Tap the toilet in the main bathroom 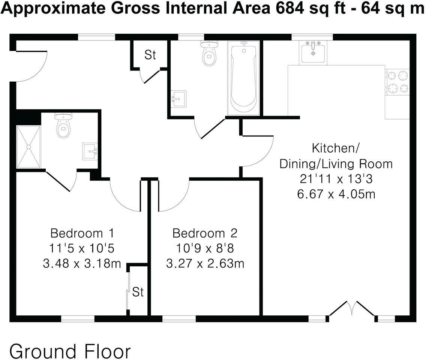point(209,54)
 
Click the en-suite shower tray point(28,147)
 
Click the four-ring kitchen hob point(398,82)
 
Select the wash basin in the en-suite point(90,151)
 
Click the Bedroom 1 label point(82,233)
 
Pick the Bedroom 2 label point(205,233)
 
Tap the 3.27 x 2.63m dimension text point(205,263)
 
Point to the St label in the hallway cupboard point(150,55)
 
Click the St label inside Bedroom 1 point(138,292)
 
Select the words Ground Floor point(70,351)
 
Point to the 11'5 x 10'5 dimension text point(82,248)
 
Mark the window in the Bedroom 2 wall point(179,319)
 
